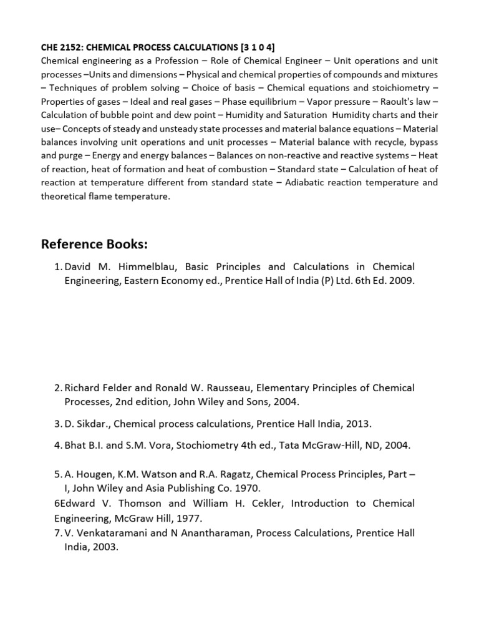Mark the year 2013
tap(357, 424)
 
